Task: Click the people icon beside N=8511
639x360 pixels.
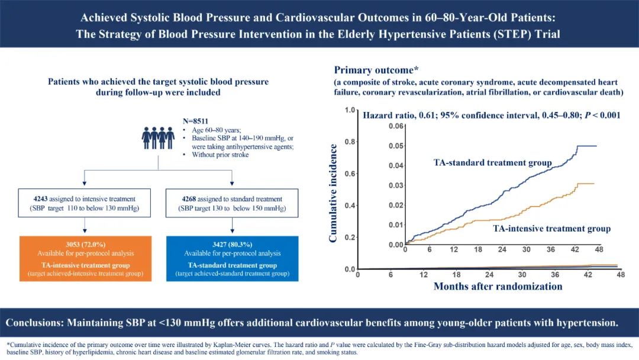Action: tap(158, 137)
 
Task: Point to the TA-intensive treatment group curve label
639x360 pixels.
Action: tap(551, 229)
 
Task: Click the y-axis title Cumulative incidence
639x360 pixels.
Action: tap(334, 193)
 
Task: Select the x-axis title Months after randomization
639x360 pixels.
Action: tap(498, 287)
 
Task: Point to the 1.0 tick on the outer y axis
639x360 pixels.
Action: tap(350, 111)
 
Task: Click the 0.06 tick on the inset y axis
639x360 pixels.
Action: tap(395, 126)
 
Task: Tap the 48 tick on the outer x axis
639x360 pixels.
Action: tap(620, 275)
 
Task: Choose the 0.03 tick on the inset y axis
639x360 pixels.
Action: tap(395, 185)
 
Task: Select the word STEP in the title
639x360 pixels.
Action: tap(504, 34)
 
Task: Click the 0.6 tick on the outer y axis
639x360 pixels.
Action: tap(350, 174)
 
